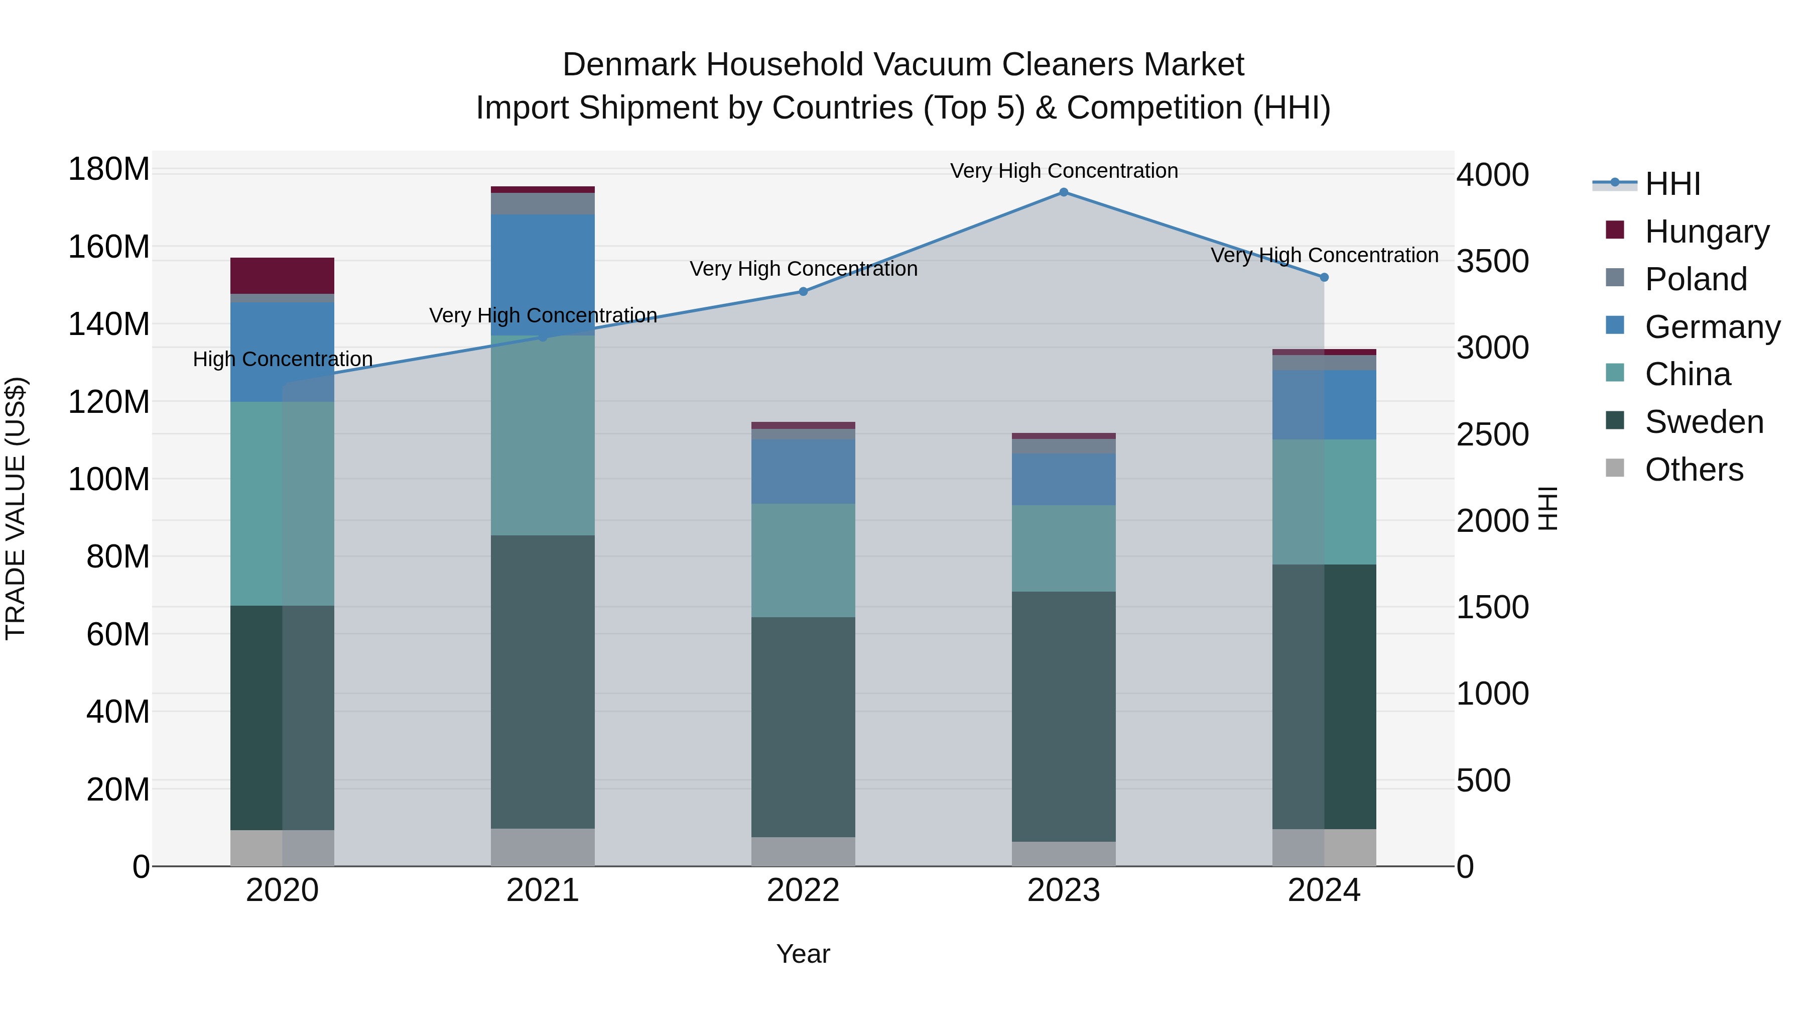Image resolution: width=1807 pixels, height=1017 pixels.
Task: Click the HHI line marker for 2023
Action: pos(1064,192)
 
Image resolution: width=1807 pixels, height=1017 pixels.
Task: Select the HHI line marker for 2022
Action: pos(803,291)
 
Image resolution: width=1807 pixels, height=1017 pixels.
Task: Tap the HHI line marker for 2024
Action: pos(1324,277)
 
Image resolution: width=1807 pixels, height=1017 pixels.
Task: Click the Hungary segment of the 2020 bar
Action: pos(282,276)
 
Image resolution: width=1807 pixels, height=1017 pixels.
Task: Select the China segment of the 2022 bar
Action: pos(803,560)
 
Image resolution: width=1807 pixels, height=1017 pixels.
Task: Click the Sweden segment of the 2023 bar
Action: pos(1064,716)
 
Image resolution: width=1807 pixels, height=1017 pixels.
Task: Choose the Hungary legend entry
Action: pos(1706,232)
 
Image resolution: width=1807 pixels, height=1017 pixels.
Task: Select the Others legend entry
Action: pos(1694,470)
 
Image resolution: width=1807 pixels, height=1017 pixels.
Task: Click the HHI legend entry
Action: pos(1672,184)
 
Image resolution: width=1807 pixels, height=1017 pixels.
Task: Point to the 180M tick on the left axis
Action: pos(109,169)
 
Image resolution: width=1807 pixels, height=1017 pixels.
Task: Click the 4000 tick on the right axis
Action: pos(1492,175)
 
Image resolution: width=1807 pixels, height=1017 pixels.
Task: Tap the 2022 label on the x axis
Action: pos(803,890)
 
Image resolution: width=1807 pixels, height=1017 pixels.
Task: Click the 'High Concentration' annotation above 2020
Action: pos(282,360)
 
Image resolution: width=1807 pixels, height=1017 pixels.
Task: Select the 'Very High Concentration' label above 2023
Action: pos(1064,171)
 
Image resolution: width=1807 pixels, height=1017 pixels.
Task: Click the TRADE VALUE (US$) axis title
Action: pos(16,508)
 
